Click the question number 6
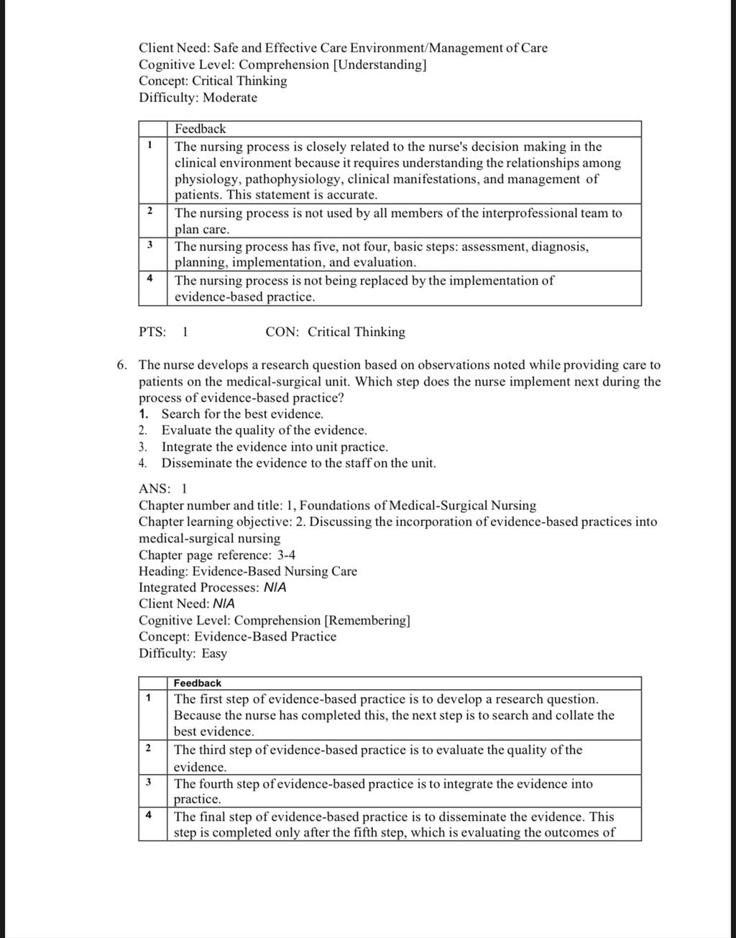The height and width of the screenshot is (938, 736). tap(122, 365)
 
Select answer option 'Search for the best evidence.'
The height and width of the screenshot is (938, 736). tap(242, 414)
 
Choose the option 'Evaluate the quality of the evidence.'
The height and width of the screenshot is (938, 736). tap(264, 431)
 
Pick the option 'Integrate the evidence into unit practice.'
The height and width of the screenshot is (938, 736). tap(275, 447)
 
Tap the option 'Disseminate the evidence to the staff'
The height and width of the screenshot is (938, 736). tap(298, 464)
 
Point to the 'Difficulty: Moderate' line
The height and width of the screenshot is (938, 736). tap(198, 98)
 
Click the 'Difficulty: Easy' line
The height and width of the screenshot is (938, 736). tap(183, 654)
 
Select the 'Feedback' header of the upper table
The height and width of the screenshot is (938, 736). tap(200, 129)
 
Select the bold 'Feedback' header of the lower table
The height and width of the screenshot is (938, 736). tap(198, 683)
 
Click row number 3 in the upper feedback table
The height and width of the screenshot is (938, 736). tap(149, 245)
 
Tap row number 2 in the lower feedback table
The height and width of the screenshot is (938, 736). tap(148, 748)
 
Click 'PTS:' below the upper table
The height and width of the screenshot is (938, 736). tap(152, 332)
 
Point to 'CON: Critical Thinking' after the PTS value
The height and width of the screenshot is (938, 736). tap(335, 332)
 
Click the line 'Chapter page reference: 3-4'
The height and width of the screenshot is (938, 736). tap(217, 555)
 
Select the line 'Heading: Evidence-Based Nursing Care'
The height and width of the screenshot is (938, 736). tap(247, 572)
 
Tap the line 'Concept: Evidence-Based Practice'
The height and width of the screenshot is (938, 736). tap(237, 637)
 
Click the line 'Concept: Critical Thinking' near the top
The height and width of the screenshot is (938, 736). tap(213, 81)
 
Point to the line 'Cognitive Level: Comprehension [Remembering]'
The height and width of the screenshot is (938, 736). tap(275, 621)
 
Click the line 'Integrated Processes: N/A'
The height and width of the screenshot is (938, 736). tap(212, 588)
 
